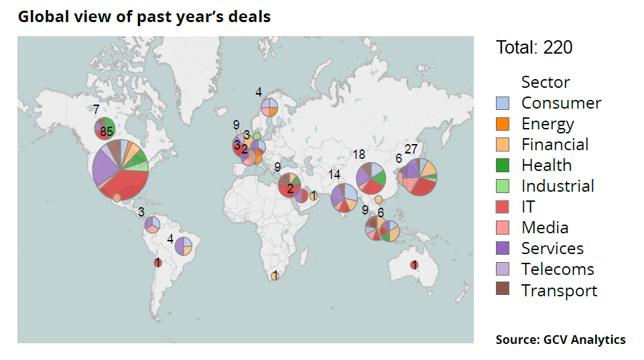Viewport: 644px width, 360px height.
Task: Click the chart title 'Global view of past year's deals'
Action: click(144, 16)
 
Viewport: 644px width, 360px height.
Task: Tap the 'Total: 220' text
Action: click(534, 48)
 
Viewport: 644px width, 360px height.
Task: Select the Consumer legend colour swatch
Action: click(503, 103)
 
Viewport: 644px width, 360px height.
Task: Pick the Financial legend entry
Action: click(555, 145)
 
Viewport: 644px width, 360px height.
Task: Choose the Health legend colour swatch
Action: click(503, 166)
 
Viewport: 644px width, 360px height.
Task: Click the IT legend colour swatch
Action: click(503, 207)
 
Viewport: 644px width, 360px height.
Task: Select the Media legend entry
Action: click(545, 228)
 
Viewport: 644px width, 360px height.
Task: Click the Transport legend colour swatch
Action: click(503, 290)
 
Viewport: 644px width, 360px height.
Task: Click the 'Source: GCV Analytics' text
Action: click(560, 340)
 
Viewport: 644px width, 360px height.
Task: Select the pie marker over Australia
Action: click(414, 265)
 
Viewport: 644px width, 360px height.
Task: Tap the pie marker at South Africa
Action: click(275, 276)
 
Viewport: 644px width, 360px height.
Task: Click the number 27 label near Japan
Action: click(411, 149)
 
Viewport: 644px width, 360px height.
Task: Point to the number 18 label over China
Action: click(359, 155)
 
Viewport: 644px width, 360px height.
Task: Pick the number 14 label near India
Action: click(334, 175)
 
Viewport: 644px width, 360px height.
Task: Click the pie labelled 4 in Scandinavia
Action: click(269, 107)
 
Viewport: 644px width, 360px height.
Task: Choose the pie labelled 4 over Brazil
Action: click(184, 246)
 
